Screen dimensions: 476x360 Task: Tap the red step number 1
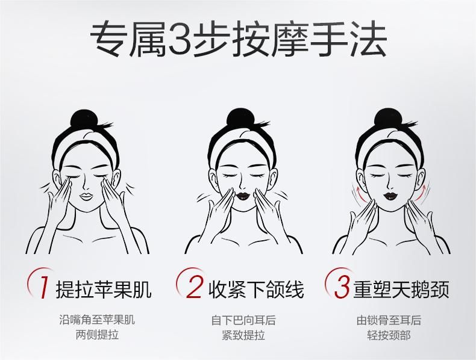tap(45, 288)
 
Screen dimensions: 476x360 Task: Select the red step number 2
tap(194, 287)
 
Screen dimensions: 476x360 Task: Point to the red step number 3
tap(342, 287)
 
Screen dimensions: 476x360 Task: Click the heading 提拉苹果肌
tap(104, 289)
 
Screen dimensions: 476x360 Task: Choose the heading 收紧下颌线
tap(256, 289)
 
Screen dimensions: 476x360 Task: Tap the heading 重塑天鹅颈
tap(401, 289)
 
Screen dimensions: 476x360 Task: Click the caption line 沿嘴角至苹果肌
tap(97, 320)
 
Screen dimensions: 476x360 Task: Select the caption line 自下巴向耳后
tap(243, 320)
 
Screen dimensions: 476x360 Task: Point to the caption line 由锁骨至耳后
tap(389, 320)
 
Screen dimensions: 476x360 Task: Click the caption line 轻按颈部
tap(389, 335)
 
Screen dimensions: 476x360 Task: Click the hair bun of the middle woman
tap(239, 119)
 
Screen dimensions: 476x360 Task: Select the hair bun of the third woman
tap(386, 119)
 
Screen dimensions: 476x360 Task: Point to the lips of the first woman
tap(87, 196)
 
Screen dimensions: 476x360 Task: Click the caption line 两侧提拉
tap(97, 335)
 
